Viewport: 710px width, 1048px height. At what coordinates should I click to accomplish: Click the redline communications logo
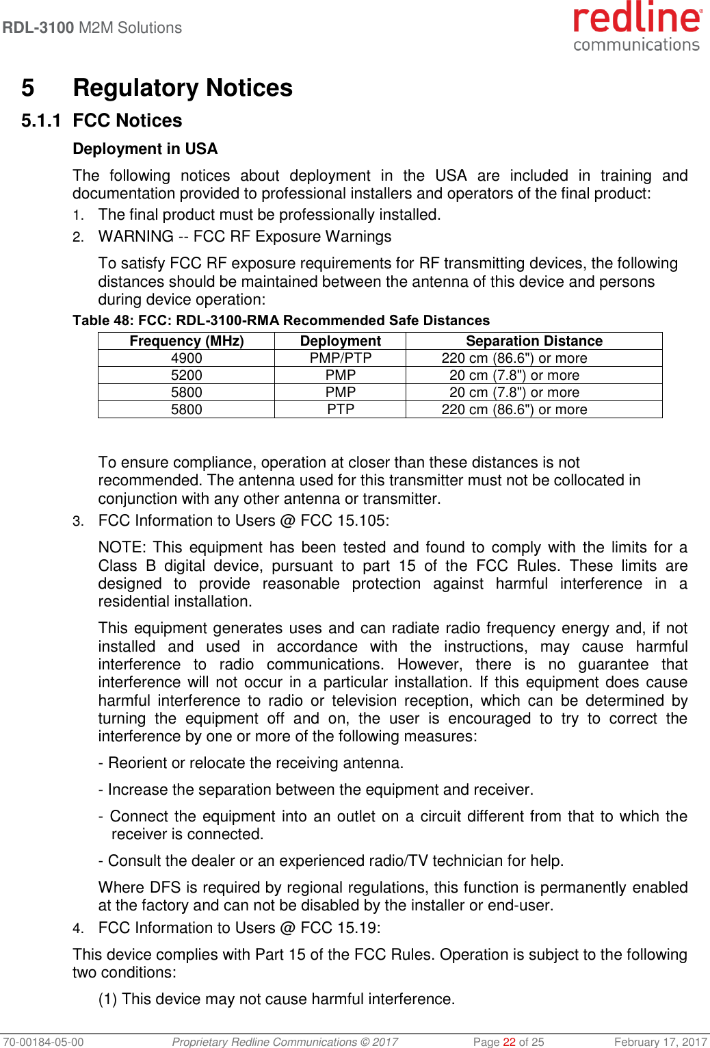coord(637,27)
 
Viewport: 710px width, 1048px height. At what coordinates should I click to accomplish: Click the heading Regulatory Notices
coord(183,88)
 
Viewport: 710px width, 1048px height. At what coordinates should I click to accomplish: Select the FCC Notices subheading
coord(127,120)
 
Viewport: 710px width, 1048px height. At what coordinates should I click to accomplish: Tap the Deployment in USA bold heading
coord(145,149)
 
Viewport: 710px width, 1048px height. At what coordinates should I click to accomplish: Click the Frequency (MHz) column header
coord(187,341)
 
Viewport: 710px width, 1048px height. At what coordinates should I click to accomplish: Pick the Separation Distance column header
coord(534,341)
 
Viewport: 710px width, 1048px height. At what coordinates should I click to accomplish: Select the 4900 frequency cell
coord(187,358)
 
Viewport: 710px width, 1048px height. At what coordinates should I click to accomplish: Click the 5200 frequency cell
coord(187,375)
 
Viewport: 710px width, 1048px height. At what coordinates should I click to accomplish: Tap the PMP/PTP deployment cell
coord(341,358)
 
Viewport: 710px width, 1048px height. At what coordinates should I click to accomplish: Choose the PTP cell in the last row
coord(341,409)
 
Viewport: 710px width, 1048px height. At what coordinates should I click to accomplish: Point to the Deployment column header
coord(341,341)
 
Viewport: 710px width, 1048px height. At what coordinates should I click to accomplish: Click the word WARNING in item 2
coord(135,237)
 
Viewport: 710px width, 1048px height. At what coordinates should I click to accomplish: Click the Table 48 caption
coord(281,320)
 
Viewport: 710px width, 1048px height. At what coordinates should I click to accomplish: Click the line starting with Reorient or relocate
coord(251,763)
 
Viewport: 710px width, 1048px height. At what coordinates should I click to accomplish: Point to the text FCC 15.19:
coord(341,928)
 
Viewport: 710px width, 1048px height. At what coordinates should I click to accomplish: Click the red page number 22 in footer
coord(509,1042)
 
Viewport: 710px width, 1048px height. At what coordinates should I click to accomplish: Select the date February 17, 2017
coord(660,1042)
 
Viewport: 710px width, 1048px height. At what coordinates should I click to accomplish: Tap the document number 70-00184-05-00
coord(42,1042)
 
